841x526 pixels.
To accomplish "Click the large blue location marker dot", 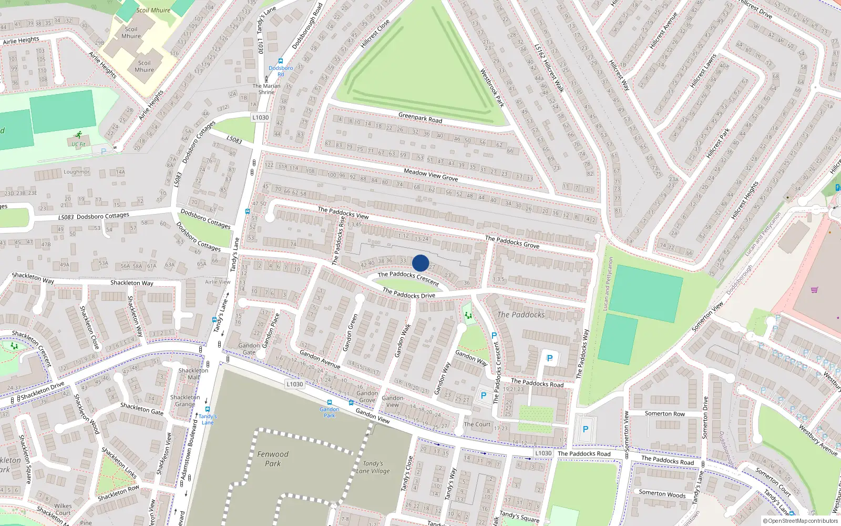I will (x=420, y=263).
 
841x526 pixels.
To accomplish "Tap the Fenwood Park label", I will (x=273, y=459).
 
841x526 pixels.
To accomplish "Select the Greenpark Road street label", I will (x=420, y=117).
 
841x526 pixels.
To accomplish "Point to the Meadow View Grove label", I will (x=430, y=175).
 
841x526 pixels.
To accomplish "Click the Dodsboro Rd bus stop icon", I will (x=281, y=62).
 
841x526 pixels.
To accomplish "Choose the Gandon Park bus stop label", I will (x=330, y=412).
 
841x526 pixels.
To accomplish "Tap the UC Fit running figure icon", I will (x=79, y=135).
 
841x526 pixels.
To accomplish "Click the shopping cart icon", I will (x=815, y=290).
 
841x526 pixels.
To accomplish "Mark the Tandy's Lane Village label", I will (x=373, y=467).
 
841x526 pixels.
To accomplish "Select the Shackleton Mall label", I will (x=193, y=373).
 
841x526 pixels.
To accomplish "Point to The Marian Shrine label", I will (x=266, y=89).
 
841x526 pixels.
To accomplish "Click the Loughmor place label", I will (x=77, y=172).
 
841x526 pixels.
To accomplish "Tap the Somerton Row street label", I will (x=665, y=413).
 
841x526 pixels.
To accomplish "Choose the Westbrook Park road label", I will (x=492, y=87).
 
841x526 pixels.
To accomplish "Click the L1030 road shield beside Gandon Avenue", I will (x=295, y=384).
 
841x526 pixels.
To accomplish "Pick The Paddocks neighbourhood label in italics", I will (x=521, y=315).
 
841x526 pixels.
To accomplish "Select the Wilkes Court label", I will (x=63, y=509).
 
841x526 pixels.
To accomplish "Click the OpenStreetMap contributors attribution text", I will (x=800, y=521).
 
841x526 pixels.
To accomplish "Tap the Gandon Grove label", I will (x=367, y=397).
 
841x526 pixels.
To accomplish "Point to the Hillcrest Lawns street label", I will (x=703, y=70).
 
